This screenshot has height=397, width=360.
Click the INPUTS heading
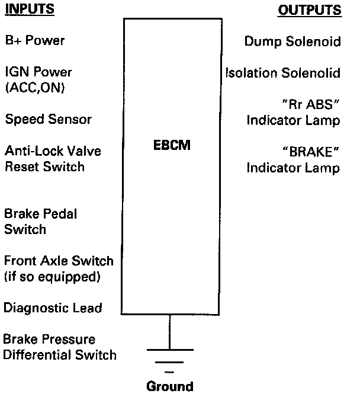(30, 10)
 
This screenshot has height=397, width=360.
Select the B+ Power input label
(34, 41)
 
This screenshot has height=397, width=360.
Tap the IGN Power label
(38, 72)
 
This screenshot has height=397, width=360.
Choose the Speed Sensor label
(49, 119)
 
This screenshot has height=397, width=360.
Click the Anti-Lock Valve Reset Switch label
(45, 159)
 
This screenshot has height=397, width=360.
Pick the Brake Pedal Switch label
(41, 221)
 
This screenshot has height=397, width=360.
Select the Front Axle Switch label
(59, 260)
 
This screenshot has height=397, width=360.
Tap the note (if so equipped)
(52, 276)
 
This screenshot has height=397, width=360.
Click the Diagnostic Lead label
(53, 308)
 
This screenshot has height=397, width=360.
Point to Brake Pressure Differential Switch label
(60, 347)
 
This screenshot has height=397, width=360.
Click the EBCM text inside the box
(171, 144)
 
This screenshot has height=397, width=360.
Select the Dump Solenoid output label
(292, 41)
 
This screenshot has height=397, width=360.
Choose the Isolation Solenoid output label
(283, 73)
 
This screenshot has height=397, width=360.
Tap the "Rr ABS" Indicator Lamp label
(294, 112)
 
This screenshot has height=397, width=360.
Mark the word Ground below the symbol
(170, 386)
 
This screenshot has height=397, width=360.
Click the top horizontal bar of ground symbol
(170, 350)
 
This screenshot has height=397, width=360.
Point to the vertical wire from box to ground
(170, 332)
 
